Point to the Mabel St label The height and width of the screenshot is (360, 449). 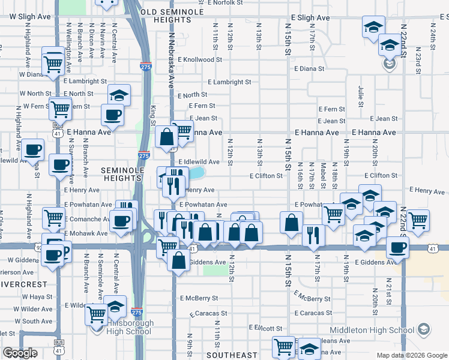[x=323, y=172]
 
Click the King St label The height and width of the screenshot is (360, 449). [x=154, y=112]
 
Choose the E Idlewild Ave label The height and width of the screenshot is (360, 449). [x=199, y=162]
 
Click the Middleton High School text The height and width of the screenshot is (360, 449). [x=372, y=330]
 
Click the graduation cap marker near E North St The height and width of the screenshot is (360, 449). [x=119, y=94]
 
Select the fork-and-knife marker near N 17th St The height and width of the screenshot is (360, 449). [x=313, y=234]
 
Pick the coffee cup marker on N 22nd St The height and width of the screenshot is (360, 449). [x=397, y=246]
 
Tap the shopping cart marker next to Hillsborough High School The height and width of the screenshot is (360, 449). [x=96, y=313]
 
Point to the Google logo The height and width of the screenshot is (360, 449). [x=20, y=353]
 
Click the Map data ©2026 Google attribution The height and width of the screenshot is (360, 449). [x=412, y=355]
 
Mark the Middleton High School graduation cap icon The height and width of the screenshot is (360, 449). [x=424, y=329]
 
